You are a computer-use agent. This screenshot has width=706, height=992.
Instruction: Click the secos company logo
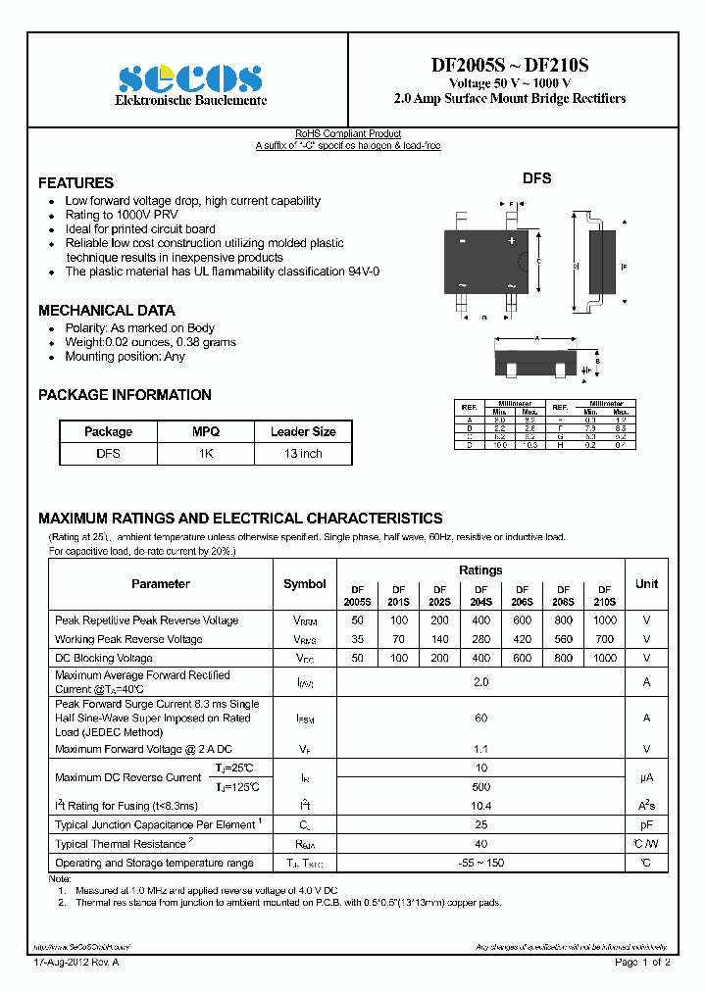(x=189, y=78)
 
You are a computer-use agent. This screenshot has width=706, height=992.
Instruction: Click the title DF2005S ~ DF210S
(x=510, y=66)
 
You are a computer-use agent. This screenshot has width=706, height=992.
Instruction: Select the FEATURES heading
(x=76, y=183)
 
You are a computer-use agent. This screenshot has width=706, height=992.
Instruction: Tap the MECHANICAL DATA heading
(x=106, y=311)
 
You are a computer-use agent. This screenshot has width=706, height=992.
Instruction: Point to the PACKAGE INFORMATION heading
(x=125, y=395)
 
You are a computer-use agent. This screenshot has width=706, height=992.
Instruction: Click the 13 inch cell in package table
(x=303, y=454)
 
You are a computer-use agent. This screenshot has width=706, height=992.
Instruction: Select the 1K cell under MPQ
(x=206, y=454)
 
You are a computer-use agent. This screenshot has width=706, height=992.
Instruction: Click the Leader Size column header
(x=303, y=431)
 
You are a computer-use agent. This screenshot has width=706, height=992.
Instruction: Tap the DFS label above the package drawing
(x=536, y=178)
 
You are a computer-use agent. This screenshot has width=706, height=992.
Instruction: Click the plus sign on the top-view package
(x=511, y=240)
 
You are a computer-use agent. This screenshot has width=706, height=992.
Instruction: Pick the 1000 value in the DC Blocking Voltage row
(x=605, y=658)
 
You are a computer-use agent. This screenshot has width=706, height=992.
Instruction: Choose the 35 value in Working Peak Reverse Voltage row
(x=357, y=639)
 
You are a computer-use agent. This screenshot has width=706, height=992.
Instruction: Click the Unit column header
(x=646, y=584)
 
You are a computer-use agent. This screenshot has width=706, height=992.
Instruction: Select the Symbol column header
(x=305, y=584)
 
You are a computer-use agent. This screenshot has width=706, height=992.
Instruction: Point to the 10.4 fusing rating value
(x=480, y=805)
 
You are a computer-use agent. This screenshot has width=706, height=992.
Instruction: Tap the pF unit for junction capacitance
(x=646, y=824)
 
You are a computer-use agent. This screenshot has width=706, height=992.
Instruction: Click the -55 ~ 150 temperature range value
(x=480, y=863)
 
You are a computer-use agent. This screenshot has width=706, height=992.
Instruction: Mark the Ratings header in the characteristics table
(x=480, y=570)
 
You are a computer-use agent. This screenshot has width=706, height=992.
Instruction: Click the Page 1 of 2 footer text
(x=642, y=963)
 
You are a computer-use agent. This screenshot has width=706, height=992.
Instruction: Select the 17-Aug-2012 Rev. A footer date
(x=76, y=963)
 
